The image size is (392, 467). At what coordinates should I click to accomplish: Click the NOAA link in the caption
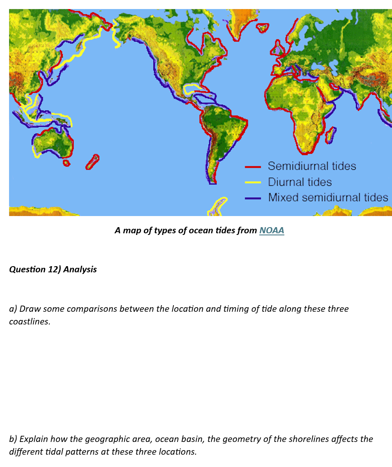point(272,230)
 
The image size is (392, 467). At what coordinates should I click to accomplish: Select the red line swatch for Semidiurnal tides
point(253,167)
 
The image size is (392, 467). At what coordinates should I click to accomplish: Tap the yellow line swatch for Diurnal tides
point(253,182)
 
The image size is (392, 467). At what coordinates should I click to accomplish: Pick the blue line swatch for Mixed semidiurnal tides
point(253,198)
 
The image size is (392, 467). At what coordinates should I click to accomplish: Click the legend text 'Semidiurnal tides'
point(311,166)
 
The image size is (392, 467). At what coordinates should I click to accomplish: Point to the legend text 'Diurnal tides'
point(300,182)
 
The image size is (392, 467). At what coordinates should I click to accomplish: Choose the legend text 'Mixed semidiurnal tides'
point(328,198)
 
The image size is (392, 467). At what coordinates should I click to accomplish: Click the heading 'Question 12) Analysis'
point(53,269)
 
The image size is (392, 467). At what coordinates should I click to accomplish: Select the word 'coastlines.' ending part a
point(30,322)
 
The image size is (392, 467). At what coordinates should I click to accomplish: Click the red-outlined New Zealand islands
point(92,162)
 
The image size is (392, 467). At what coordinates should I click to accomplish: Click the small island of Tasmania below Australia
point(66,163)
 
